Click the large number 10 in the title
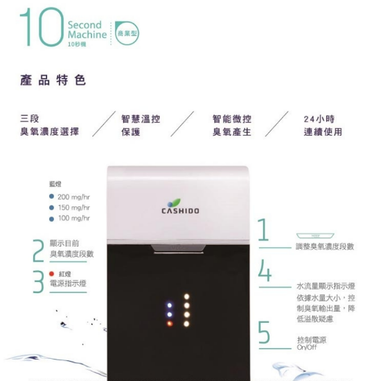(40, 28)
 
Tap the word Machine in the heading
(87, 35)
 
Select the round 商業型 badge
(127, 31)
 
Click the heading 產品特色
(53, 80)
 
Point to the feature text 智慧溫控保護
(141, 125)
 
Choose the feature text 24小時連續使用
(323, 125)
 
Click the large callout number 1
(264, 231)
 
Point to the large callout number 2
(39, 251)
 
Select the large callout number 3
(39, 281)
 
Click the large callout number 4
(265, 271)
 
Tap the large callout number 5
(264, 333)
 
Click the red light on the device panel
(169, 323)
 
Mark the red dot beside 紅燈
(51, 274)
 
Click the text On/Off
(305, 347)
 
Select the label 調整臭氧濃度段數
(325, 247)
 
